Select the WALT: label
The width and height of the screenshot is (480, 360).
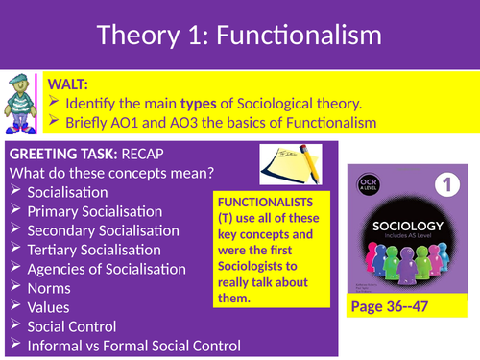point(77,84)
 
